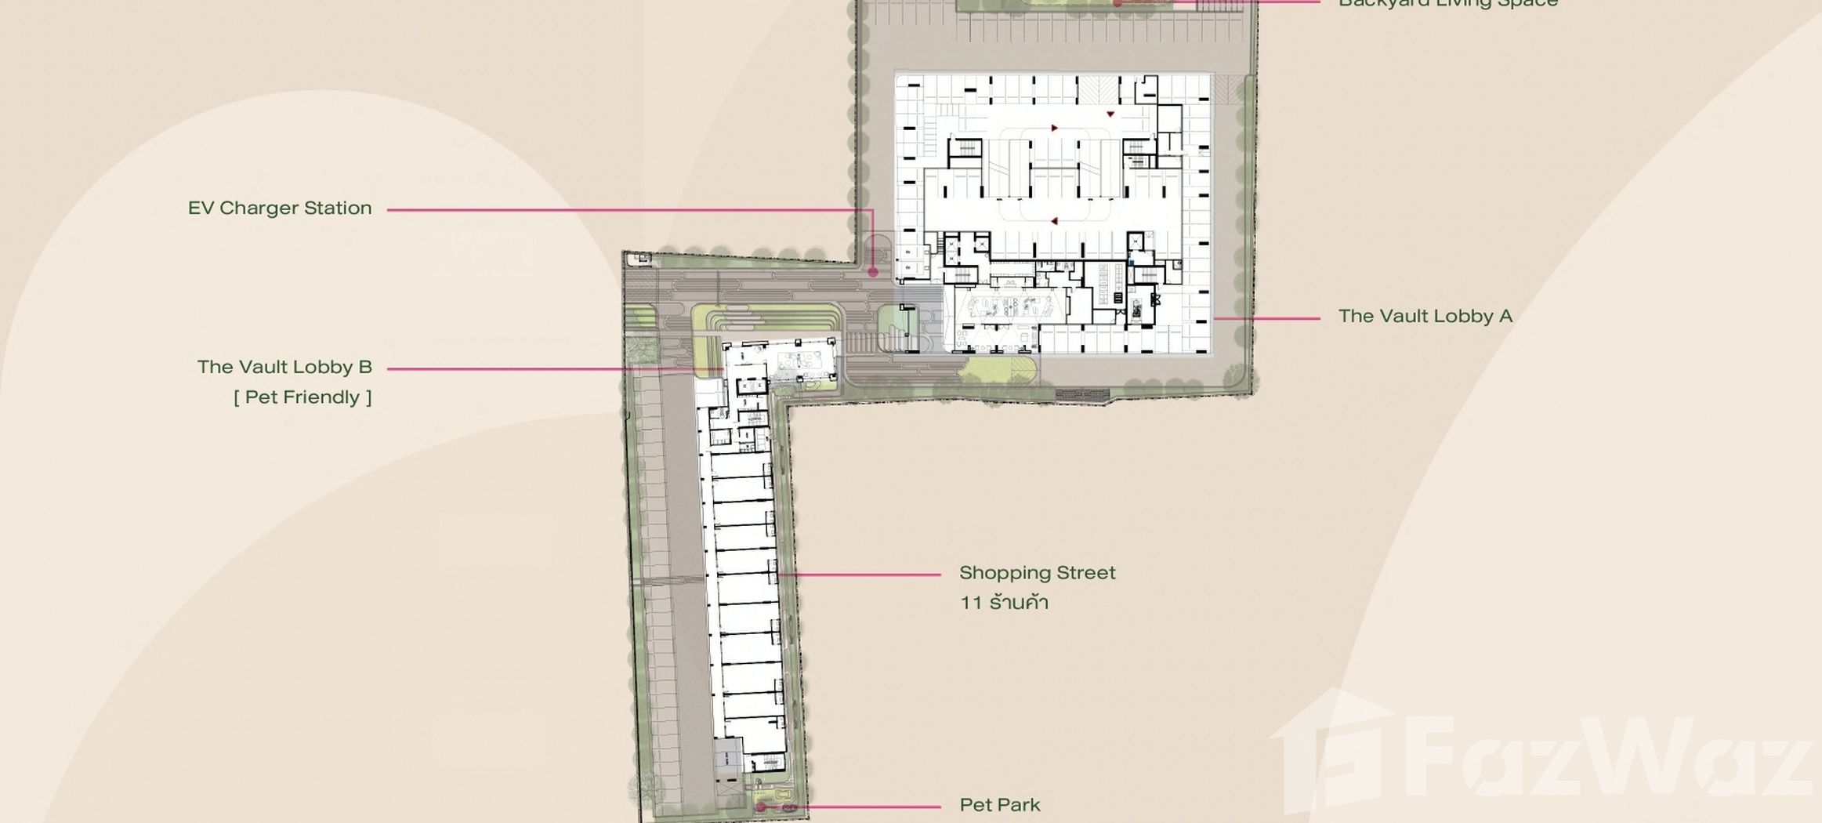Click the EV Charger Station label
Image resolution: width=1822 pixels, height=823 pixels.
point(279,208)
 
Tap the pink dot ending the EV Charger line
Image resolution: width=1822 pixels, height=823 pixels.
point(873,273)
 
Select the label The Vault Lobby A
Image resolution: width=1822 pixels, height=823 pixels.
point(1425,317)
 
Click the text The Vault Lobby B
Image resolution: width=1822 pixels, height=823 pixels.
point(284,368)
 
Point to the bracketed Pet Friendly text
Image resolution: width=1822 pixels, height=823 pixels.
point(302,397)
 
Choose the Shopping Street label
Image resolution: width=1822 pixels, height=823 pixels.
point(1037,573)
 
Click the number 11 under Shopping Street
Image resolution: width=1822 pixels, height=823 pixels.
point(971,603)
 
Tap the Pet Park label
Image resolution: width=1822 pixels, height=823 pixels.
point(1000,805)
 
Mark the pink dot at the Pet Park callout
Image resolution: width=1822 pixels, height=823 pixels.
point(761,807)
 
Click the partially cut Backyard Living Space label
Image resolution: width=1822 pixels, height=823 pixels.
point(1447,4)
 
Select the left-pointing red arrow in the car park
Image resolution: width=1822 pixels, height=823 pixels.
point(1054,221)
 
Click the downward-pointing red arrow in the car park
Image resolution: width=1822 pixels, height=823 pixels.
point(1110,114)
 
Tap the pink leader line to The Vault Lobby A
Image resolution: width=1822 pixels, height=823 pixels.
point(1266,319)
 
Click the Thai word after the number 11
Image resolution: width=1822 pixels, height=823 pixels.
point(1019,603)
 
